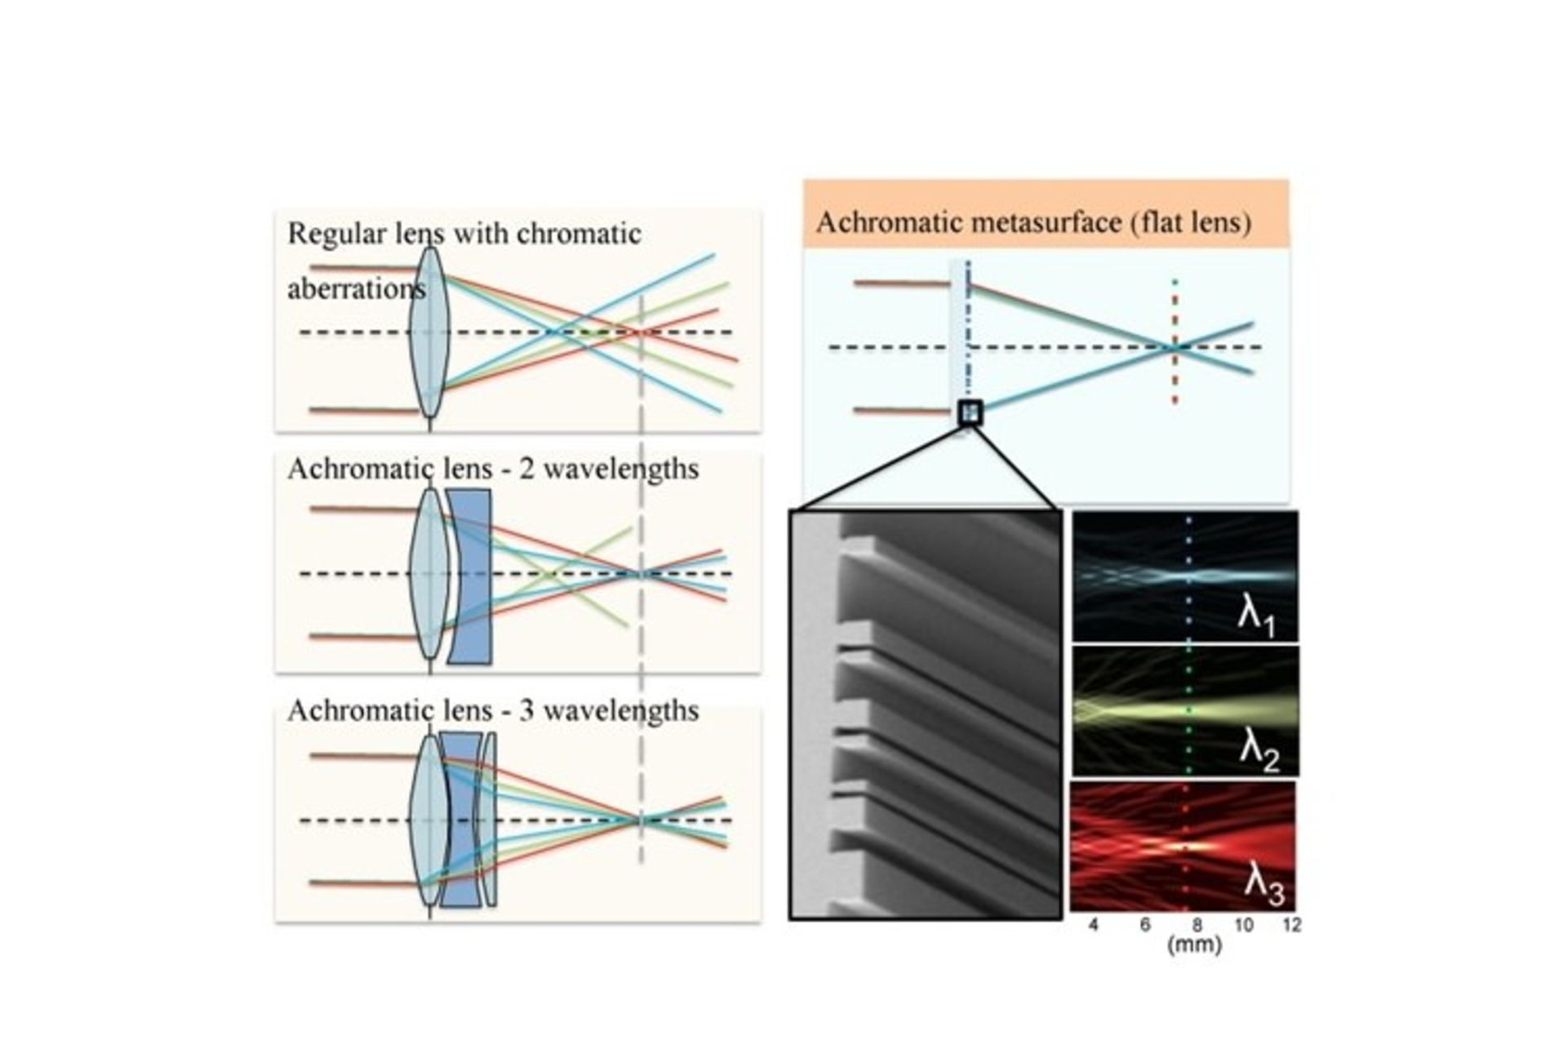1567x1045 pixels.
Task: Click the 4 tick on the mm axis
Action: click(1094, 925)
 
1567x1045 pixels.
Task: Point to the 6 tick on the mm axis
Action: click(1145, 925)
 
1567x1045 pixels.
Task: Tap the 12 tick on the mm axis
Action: click(1291, 925)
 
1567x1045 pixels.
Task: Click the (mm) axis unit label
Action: click(1194, 945)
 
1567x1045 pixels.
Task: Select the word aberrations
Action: click(356, 289)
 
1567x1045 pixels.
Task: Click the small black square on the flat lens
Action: click(970, 412)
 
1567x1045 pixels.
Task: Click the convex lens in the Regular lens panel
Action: click(428, 333)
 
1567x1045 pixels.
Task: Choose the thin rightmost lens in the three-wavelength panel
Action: click(489, 819)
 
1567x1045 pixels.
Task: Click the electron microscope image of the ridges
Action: click(926, 714)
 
